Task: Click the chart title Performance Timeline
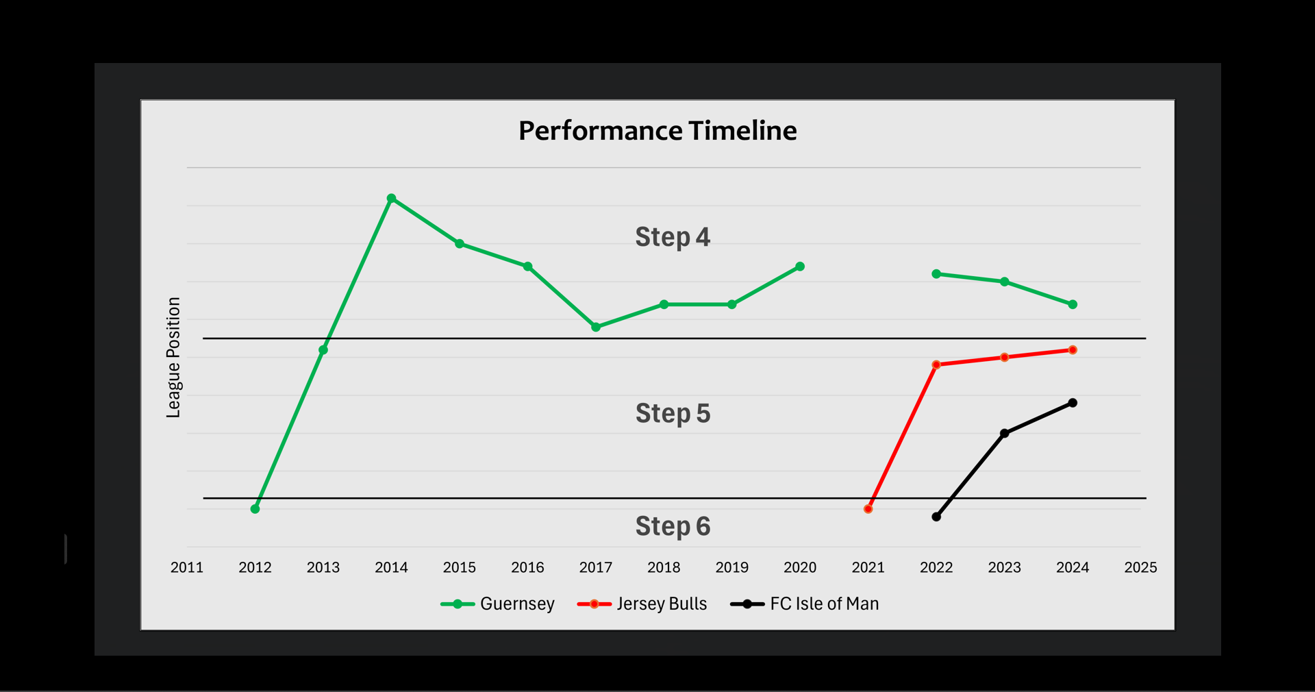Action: pos(657,131)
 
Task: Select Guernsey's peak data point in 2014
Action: pos(391,199)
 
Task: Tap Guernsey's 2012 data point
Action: pos(255,509)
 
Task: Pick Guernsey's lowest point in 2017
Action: pos(596,328)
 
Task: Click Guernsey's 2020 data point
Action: pos(800,267)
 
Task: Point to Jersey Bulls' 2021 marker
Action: pos(868,509)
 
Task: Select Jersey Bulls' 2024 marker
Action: pos(1073,350)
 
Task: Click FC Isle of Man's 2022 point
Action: pos(936,517)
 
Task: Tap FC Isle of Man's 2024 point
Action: pos(1073,403)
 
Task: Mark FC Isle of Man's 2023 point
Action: pos(1004,434)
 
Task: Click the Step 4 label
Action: pos(673,237)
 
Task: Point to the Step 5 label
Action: pos(673,413)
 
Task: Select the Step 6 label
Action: pos(673,526)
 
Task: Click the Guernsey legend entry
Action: pos(497,604)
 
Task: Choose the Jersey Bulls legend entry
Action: pos(642,604)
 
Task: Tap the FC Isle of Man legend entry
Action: pos(804,604)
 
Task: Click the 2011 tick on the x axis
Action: pos(187,567)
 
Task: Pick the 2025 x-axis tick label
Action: pos(1140,567)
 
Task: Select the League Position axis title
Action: pos(173,357)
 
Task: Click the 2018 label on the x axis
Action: pos(664,567)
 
